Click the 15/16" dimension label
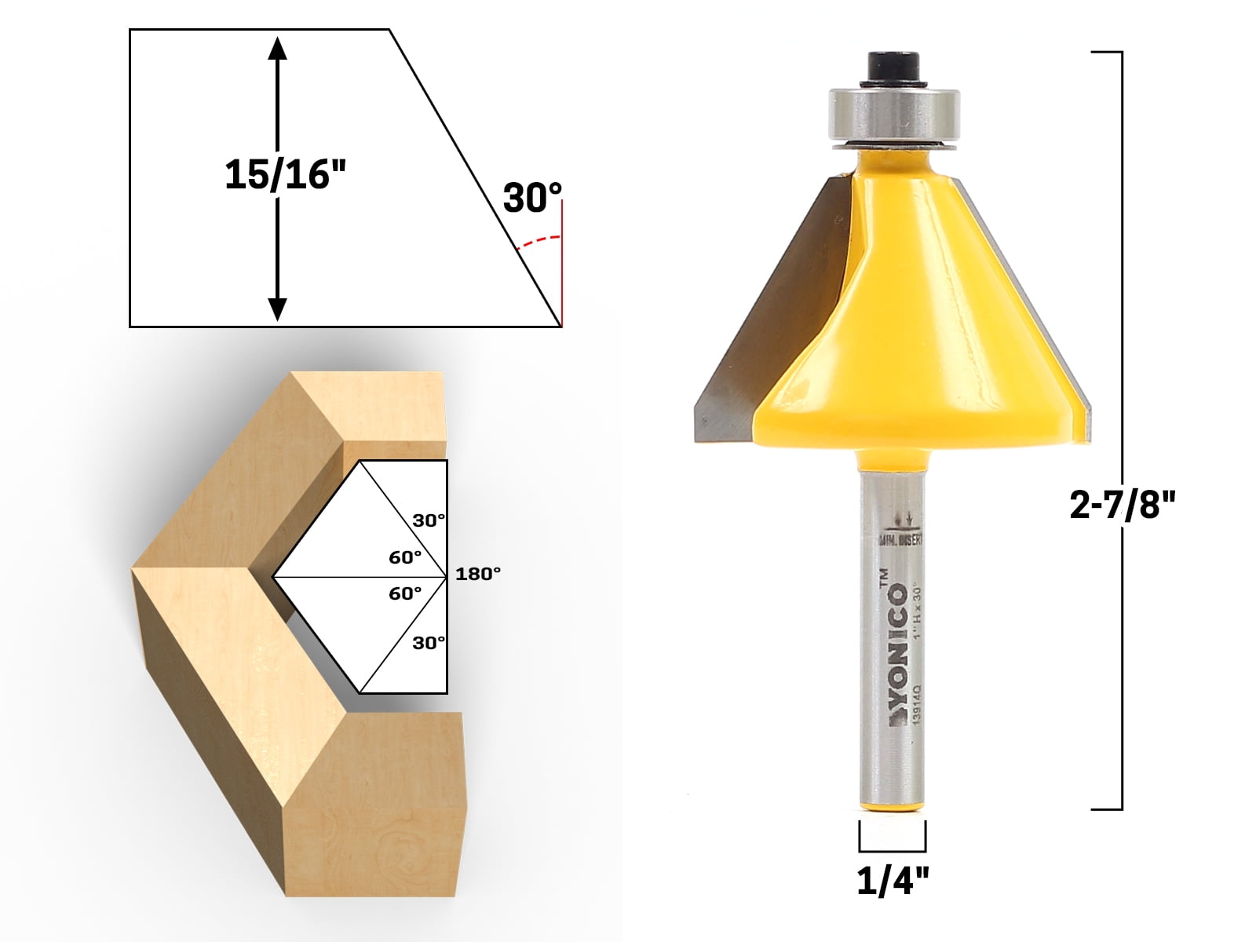(284, 174)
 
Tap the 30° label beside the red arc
(532, 198)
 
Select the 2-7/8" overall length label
(1123, 506)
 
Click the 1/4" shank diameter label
(893, 882)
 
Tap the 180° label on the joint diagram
(477, 574)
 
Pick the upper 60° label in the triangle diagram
(405, 557)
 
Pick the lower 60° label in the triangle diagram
(405, 593)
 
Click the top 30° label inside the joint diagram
(429, 520)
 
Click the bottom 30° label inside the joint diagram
(429, 643)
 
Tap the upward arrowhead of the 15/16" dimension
(277, 49)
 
